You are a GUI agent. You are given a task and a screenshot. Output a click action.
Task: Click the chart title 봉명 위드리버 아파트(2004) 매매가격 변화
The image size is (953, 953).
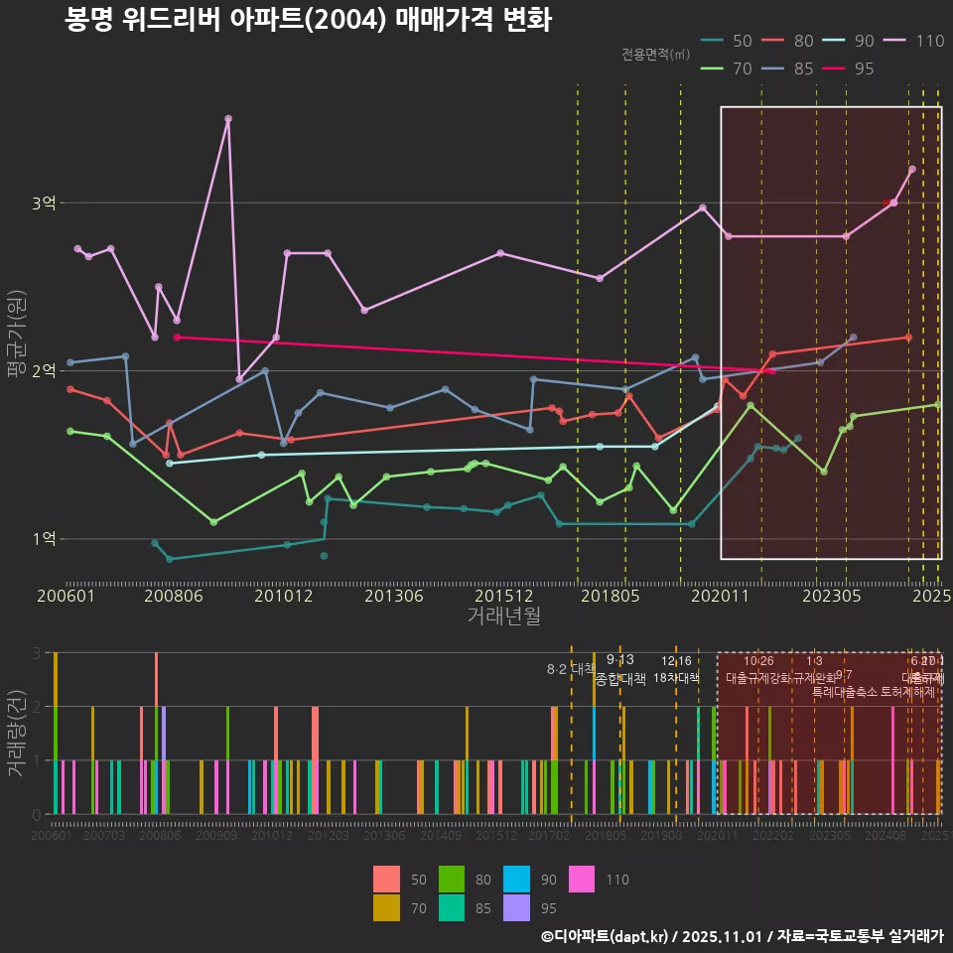pos(308,20)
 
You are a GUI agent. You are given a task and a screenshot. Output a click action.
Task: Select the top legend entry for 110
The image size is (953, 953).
pos(915,41)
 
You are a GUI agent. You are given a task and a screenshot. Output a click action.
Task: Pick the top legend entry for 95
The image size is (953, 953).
pos(849,68)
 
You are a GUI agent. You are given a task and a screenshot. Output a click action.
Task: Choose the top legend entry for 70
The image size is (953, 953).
pos(728,68)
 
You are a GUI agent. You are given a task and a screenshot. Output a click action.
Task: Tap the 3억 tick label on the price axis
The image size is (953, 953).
pos(44,204)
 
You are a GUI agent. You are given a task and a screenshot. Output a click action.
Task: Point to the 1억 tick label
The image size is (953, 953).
pos(44,539)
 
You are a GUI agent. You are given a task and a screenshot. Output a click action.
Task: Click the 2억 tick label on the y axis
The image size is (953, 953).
pos(44,371)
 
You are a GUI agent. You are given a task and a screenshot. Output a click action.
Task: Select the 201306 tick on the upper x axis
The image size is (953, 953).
pos(394,597)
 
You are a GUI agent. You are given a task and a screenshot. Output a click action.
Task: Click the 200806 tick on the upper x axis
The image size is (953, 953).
pos(174,597)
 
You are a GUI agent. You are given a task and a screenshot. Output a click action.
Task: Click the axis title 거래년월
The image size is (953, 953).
pos(503,616)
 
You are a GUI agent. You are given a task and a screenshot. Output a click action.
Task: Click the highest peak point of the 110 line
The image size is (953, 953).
pos(228,119)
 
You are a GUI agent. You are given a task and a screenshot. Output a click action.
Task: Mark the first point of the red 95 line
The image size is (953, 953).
pos(177,338)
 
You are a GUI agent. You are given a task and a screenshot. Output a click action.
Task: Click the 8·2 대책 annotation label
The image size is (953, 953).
pos(571,668)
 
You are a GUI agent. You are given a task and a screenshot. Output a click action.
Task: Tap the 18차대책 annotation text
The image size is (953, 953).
pos(676,678)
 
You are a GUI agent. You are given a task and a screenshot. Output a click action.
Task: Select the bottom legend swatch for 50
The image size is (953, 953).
pos(386,880)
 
